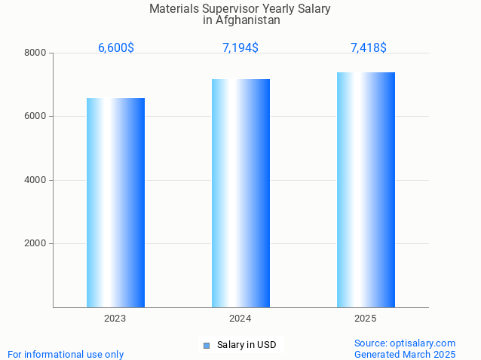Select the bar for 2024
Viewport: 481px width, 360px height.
(x=240, y=193)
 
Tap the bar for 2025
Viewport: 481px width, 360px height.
(x=366, y=189)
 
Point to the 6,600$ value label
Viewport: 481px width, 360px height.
(x=116, y=47)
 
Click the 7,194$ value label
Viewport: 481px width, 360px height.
(x=240, y=47)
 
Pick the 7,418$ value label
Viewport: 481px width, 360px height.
(x=369, y=47)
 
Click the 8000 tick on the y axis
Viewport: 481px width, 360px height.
(x=35, y=53)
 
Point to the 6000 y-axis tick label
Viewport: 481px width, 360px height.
(x=35, y=116)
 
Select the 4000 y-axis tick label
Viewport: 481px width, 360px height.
(x=35, y=180)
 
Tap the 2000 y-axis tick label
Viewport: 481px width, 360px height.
(x=35, y=243)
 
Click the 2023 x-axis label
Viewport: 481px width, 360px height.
(x=115, y=319)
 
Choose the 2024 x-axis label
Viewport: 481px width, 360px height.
(x=240, y=319)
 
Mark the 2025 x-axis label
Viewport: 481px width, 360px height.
(x=366, y=319)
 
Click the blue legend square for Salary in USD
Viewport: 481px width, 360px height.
(x=206, y=345)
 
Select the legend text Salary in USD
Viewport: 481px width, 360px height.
(x=247, y=345)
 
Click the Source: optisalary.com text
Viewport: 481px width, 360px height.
(x=405, y=343)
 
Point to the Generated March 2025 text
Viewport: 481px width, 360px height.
(x=405, y=354)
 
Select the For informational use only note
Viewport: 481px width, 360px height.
(x=66, y=354)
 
